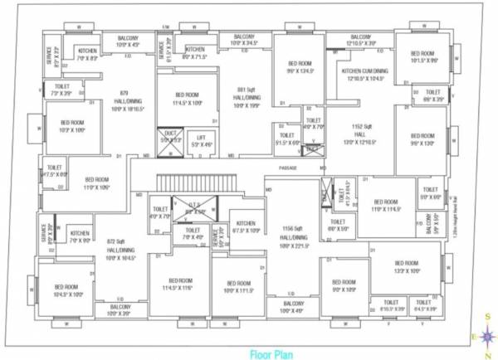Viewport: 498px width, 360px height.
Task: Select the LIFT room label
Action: (200, 141)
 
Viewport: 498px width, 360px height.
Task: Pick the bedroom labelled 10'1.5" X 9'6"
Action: (424, 58)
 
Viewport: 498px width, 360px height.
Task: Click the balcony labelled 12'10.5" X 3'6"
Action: (360, 40)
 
